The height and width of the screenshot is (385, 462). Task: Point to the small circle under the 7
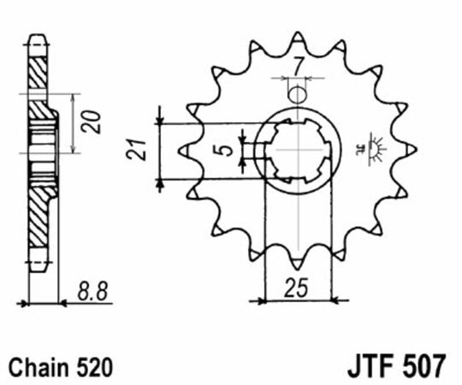click(x=296, y=92)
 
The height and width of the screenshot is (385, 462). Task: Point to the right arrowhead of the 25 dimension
click(x=336, y=300)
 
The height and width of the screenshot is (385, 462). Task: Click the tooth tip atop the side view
click(x=37, y=39)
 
